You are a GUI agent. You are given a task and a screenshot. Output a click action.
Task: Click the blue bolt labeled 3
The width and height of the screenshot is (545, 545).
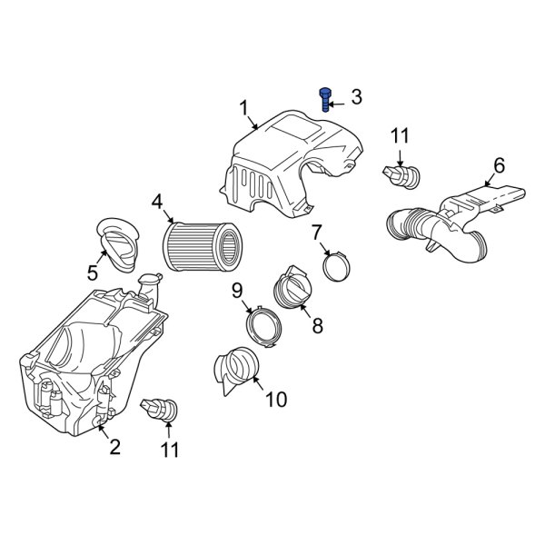pos(325,98)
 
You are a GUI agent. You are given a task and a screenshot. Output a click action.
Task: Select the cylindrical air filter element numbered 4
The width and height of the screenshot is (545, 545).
pos(203,244)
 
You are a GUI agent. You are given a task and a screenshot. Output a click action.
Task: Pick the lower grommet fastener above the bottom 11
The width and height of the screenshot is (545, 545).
pos(161,411)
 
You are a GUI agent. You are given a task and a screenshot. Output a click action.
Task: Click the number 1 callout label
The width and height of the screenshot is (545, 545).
pos(244,109)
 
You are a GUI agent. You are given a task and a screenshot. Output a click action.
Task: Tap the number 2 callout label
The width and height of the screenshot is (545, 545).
pos(114,446)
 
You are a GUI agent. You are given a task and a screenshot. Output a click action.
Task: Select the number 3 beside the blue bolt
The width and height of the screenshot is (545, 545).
pos(356,96)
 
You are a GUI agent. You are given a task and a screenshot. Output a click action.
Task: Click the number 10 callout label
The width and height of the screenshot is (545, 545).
pos(275,399)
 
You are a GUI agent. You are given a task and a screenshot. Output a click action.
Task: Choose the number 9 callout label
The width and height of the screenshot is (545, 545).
pos(236,291)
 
